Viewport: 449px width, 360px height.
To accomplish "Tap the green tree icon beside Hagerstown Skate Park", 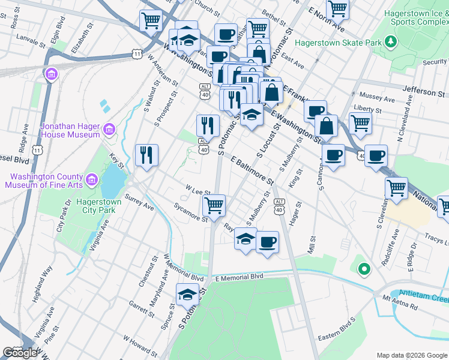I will (391, 41).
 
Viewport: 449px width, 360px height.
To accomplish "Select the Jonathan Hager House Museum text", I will (70, 130).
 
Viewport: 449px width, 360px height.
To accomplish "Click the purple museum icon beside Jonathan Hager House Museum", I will (109, 129).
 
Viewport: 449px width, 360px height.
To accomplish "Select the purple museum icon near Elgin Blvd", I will (51, 74).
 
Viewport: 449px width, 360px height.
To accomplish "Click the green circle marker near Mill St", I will (363, 270).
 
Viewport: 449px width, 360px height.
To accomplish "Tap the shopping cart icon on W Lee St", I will (214, 205).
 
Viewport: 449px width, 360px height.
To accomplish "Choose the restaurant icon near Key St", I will (146, 155).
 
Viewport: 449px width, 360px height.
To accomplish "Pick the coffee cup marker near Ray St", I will (268, 242).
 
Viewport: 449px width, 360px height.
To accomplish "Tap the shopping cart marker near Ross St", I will (151, 20).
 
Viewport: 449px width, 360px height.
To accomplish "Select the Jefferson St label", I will (424, 92).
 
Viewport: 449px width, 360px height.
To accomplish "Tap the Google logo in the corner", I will (20, 353).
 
